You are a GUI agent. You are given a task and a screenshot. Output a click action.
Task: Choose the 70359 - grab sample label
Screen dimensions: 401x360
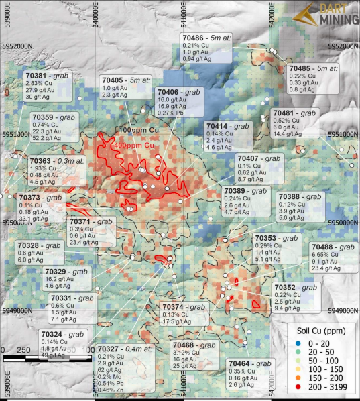click(54, 126)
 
